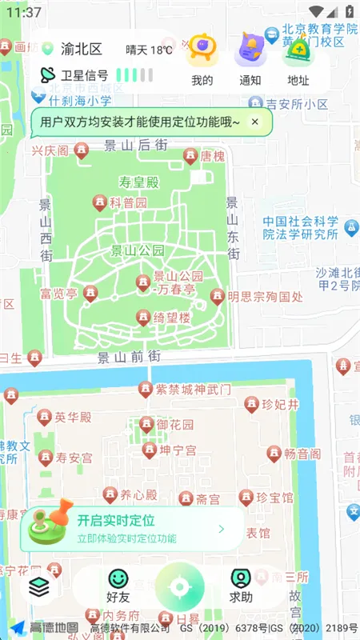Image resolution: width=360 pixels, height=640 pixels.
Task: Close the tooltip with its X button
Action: pyautogui.click(x=254, y=122)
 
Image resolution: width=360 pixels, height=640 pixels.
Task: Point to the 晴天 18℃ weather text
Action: pyautogui.click(x=149, y=50)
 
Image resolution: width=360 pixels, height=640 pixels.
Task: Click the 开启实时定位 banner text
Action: pyautogui.click(x=116, y=521)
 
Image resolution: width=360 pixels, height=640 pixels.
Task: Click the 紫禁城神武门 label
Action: pyautogui.click(x=193, y=390)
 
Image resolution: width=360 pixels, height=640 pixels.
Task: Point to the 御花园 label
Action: pyautogui.click(x=174, y=424)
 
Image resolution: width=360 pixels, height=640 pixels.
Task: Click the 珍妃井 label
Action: pyautogui.click(x=280, y=405)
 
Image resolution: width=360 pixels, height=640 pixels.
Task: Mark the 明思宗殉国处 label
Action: pyautogui.click(x=265, y=297)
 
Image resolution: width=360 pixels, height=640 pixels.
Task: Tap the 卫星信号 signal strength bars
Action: pyautogui.click(x=134, y=75)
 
